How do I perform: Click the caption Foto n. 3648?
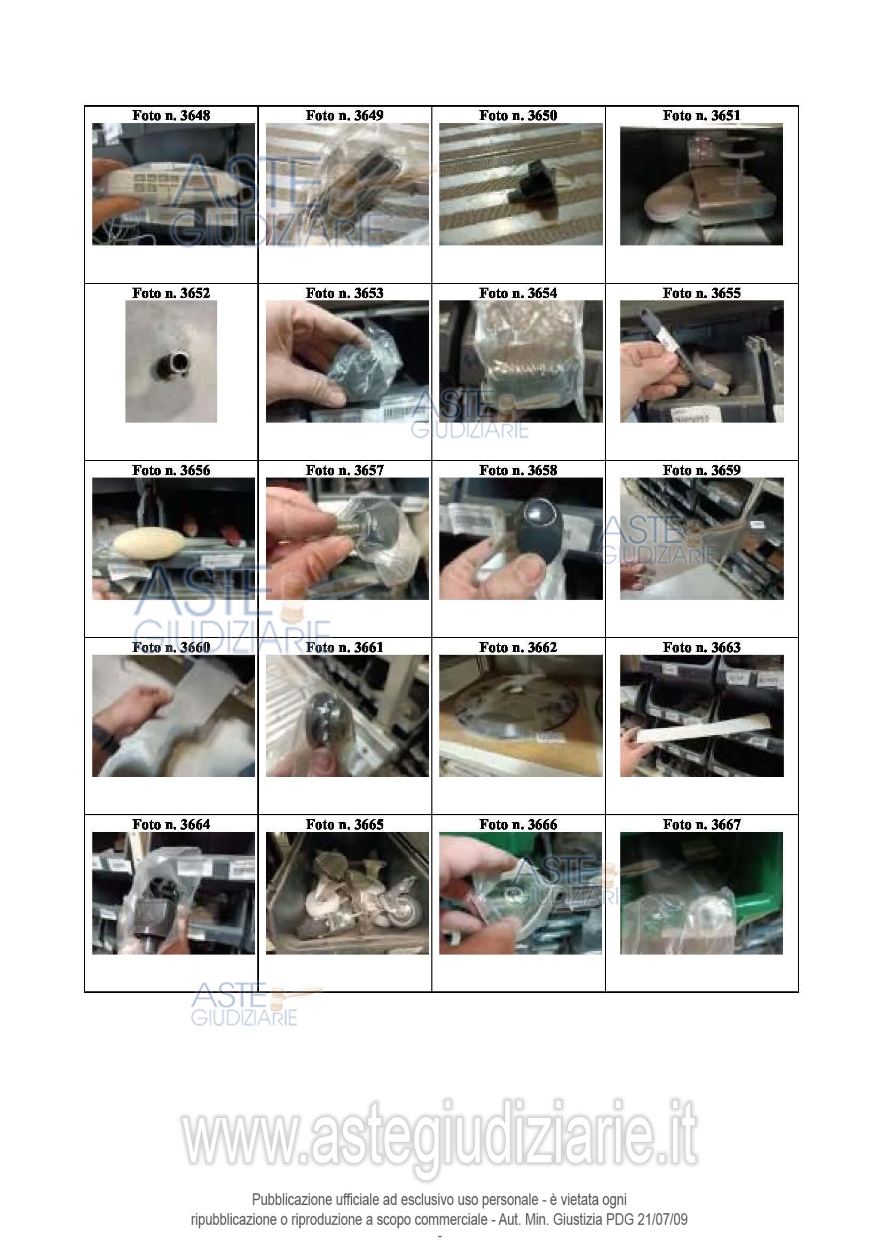[x=171, y=115]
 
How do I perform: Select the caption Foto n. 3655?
[x=701, y=293]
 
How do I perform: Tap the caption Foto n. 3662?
[x=518, y=647]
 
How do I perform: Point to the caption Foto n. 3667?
[x=701, y=824]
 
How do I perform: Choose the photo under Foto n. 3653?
[x=347, y=361]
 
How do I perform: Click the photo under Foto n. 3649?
[x=347, y=184]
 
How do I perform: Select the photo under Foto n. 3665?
[x=347, y=893]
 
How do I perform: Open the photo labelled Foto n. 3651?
[x=701, y=184]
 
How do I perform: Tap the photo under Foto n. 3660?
[x=174, y=716]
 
